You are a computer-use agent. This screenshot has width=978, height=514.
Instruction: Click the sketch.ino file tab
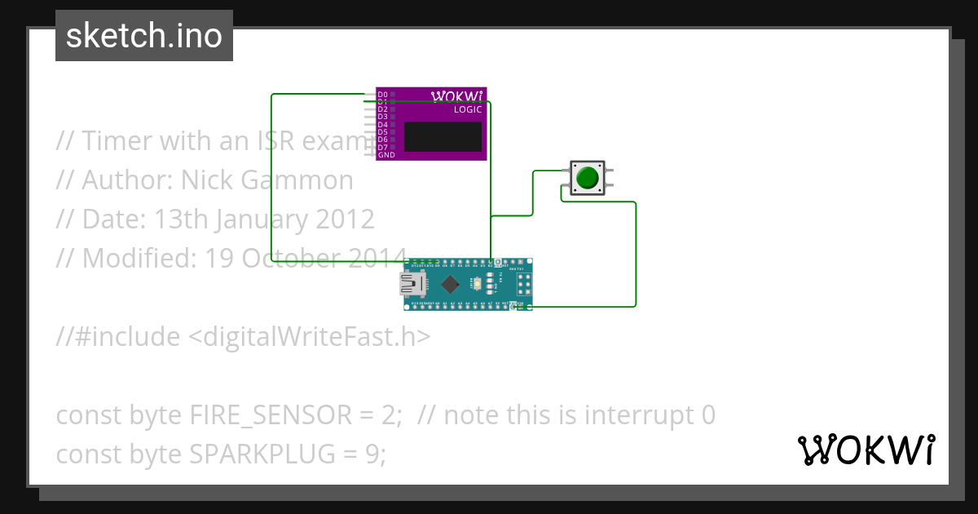144,36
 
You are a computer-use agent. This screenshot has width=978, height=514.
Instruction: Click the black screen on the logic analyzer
443,137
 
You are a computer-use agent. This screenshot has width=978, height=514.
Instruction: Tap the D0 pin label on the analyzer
383,95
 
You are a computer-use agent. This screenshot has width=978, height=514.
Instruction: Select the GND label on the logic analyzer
386,155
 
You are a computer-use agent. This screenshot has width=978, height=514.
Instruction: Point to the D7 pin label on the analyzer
383,147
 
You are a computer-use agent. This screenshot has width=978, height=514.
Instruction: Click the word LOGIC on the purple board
468,109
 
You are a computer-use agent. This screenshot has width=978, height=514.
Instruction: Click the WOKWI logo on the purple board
456,95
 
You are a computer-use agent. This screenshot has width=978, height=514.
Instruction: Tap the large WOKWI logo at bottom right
866,450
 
